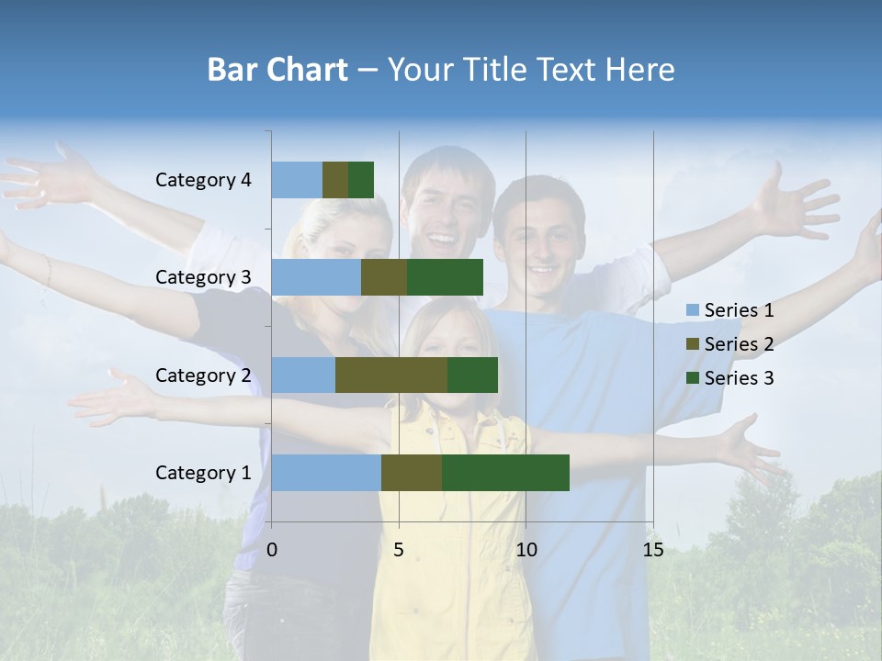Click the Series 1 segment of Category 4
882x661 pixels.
(297, 180)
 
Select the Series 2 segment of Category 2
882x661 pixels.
(391, 375)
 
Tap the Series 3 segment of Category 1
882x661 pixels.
(505, 473)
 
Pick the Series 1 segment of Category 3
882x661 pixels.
(316, 277)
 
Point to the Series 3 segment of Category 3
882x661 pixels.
(445, 277)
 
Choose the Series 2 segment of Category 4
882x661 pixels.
(335, 180)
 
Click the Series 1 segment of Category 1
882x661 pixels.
(326, 473)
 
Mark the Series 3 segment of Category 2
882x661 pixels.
(472, 375)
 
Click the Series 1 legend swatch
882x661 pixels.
(693, 310)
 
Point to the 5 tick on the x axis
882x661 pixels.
(399, 550)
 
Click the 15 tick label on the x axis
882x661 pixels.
(652, 550)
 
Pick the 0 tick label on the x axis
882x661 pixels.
(272, 550)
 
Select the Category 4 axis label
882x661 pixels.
(203, 180)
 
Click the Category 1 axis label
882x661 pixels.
(203, 473)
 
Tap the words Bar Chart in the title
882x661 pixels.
(277, 70)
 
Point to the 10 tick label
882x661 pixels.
(526, 550)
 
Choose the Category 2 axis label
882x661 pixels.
(203, 375)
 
